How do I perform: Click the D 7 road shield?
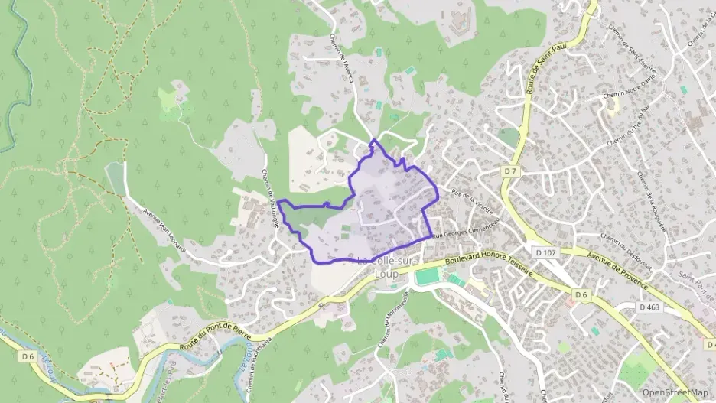coord(509,171)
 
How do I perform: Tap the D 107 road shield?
coord(545,252)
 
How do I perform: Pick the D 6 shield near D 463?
coord(581,294)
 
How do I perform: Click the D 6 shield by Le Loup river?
coord(28,356)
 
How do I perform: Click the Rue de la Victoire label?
coord(473,202)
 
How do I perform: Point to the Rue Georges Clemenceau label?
coord(467,229)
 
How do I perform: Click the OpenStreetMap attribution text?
coord(675,392)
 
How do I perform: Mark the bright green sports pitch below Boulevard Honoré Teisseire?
coord(429,274)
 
